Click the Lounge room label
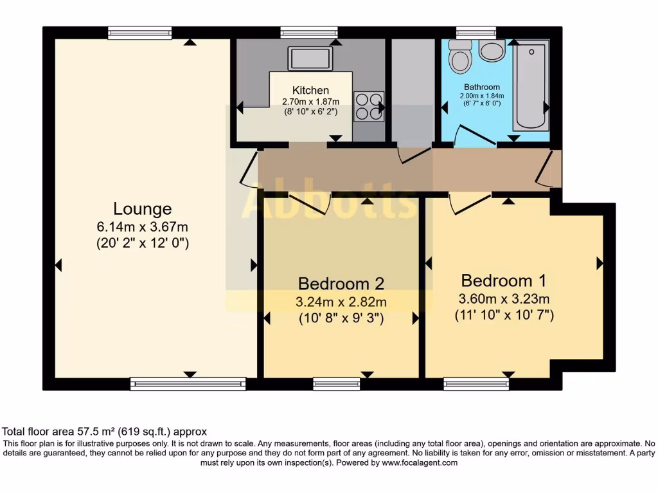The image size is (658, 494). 143,209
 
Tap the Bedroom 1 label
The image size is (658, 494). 504,280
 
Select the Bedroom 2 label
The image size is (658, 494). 341,284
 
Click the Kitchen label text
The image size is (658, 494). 310,90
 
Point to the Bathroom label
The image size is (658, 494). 482,87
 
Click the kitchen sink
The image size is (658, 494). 310,58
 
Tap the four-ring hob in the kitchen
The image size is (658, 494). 369,107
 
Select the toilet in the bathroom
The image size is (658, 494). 460,57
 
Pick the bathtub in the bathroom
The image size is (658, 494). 531,86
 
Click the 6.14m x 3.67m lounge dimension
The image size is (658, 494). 142,227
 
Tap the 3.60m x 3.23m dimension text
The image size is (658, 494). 504,298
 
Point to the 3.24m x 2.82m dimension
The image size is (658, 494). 341,302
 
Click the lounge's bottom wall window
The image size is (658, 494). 188,383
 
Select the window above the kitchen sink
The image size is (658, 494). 309,32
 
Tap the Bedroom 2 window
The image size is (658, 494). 337,383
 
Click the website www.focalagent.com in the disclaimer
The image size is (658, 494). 420,463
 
